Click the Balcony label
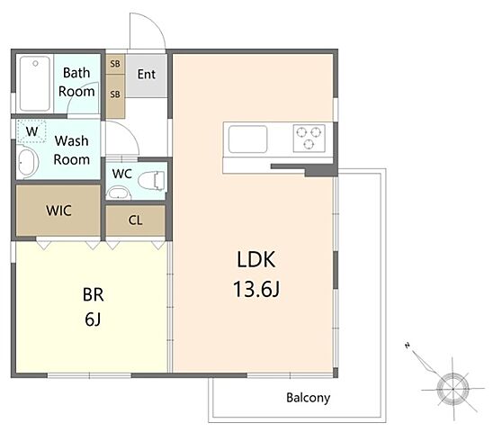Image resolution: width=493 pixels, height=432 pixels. pos(308,398)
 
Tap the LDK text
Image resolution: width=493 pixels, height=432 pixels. pos(255,259)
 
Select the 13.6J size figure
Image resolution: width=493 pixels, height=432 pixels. pos(256,289)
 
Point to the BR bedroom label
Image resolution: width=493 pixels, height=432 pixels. pos(93,295)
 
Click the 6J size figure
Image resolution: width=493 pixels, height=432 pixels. pos(93,319)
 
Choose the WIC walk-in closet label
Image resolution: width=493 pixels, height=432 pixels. pos(58,211)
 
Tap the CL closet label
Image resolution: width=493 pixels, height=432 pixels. pos(135,220)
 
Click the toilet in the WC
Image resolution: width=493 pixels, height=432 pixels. pos(151,181)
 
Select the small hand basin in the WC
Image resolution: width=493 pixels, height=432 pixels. pos(118,193)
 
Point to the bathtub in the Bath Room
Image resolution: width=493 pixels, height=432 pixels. pos(35,84)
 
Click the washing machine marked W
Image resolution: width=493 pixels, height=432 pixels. pos(31,130)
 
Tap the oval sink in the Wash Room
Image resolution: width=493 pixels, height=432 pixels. pos(27,163)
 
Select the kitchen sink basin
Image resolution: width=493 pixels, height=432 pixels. pos(247,139)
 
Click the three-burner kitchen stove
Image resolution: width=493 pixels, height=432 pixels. pos(309,138)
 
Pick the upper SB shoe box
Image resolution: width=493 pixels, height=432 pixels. pos(115,64)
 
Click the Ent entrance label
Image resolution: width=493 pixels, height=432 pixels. pos(147,75)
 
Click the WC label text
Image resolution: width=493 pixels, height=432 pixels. pos(122,174)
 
